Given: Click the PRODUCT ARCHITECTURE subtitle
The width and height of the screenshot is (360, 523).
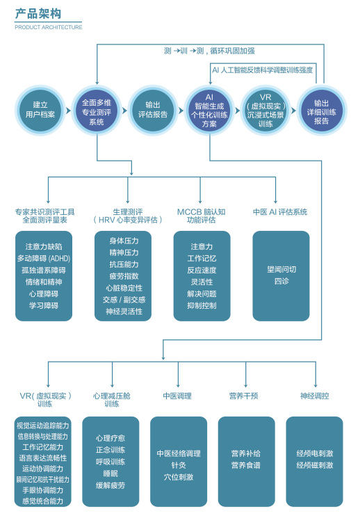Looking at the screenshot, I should point(48,27).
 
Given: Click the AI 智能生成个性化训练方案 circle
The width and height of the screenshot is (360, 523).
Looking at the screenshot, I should point(209,110).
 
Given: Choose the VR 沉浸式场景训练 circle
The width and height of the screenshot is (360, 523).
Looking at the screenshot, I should point(265,110).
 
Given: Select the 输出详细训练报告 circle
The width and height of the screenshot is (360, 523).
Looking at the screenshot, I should point(321,110).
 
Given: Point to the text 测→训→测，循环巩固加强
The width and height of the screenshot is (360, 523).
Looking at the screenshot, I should point(209,51).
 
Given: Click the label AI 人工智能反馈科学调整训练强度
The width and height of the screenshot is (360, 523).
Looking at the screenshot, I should point(262,70).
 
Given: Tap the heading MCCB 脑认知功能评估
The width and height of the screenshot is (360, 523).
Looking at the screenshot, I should point(202,216).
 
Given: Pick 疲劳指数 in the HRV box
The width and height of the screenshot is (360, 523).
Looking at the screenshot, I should point(124,276).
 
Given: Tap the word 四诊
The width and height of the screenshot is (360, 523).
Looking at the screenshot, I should point(281,281).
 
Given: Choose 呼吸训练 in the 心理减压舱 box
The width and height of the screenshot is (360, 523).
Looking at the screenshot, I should point(111,461).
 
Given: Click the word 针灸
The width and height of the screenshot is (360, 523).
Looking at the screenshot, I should point(179,465).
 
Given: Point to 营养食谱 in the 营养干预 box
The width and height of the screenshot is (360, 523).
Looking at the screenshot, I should point(246,465).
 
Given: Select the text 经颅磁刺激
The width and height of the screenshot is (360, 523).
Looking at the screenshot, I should point(314,465).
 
